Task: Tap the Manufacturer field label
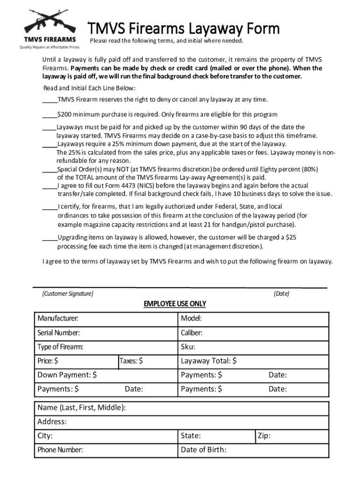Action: coord(58,319)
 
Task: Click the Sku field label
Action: coord(188,347)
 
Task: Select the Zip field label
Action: coord(264,436)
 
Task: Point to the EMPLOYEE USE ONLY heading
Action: coord(174,304)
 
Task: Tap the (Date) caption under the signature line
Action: coord(281,294)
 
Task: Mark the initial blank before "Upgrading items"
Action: coord(50,238)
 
